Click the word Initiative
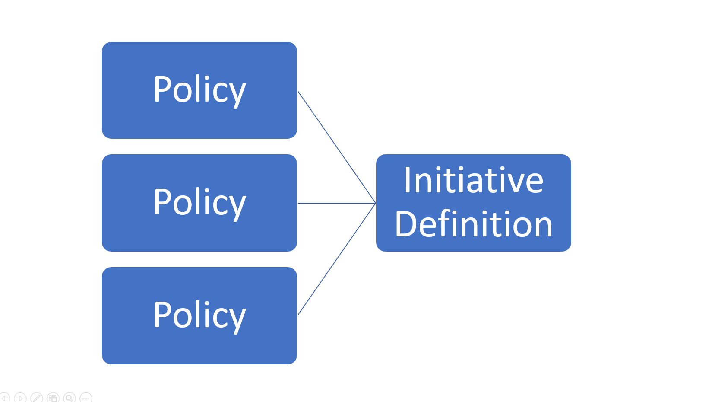click(x=474, y=180)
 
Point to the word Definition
click(x=474, y=224)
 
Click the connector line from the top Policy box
click(x=337, y=147)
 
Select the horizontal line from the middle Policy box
click(x=337, y=203)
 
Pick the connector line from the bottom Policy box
click(x=337, y=259)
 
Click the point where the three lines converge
click(x=375, y=203)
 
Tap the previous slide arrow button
click(x=4, y=398)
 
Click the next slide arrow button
click(x=20, y=398)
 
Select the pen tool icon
click(x=37, y=398)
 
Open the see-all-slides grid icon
click(x=53, y=398)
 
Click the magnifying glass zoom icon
click(x=69, y=398)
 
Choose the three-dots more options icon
click(x=86, y=398)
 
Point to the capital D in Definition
click(x=405, y=224)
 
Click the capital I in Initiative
click(x=407, y=180)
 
